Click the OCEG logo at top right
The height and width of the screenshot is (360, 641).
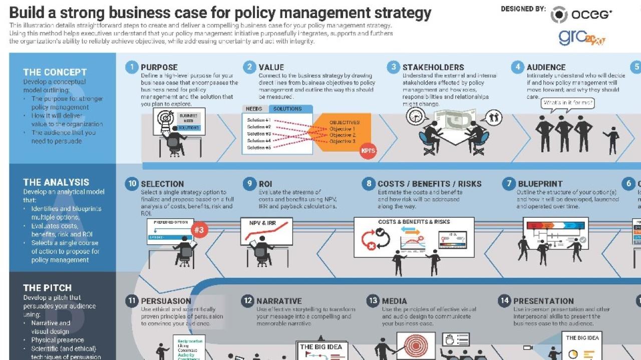pyautogui.click(x=581, y=14)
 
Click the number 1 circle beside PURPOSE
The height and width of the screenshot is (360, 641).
pyautogui.click(x=132, y=67)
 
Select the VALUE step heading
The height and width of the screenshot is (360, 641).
pyautogui.click(x=271, y=67)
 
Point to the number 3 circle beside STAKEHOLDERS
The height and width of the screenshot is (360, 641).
pyautogui.click(x=394, y=67)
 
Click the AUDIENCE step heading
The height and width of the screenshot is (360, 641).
pyautogui.click(x=546, y=67)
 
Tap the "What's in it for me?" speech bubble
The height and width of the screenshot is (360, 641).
pyautogui.click(x=568, y=103)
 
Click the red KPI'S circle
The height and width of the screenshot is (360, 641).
pyautogui.click(x=368, y=150)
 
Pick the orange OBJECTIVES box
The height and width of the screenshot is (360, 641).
pyautogui.click(x=341, y=132)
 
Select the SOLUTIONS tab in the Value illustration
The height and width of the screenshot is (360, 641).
pyautogui.click(x=287, y=109)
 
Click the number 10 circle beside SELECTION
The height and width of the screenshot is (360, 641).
pyautogui.click(x=132, y=184)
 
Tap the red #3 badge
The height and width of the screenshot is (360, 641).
pyautogui.click(x=199, y=230)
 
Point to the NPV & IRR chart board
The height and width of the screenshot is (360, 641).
pyautogui.click(x=266, y=231)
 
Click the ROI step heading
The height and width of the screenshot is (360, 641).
pyautogui.click(x=265, y=184)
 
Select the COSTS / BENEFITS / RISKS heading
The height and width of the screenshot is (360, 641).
pyautogui.click(x=429, y=184)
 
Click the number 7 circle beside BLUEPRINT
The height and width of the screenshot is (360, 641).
pyautogui.click(x=509, y=184)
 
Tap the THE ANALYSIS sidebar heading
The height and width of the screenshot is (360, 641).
pyautogui.click(x=56, y=182)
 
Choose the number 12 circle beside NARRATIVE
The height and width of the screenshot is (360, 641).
pyautogui.click(x=248, y=301)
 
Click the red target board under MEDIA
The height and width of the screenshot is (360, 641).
pyautogui.click(x=416, y=346)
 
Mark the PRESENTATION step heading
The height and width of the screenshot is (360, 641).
pyautogui.click(x=543, y=301)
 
